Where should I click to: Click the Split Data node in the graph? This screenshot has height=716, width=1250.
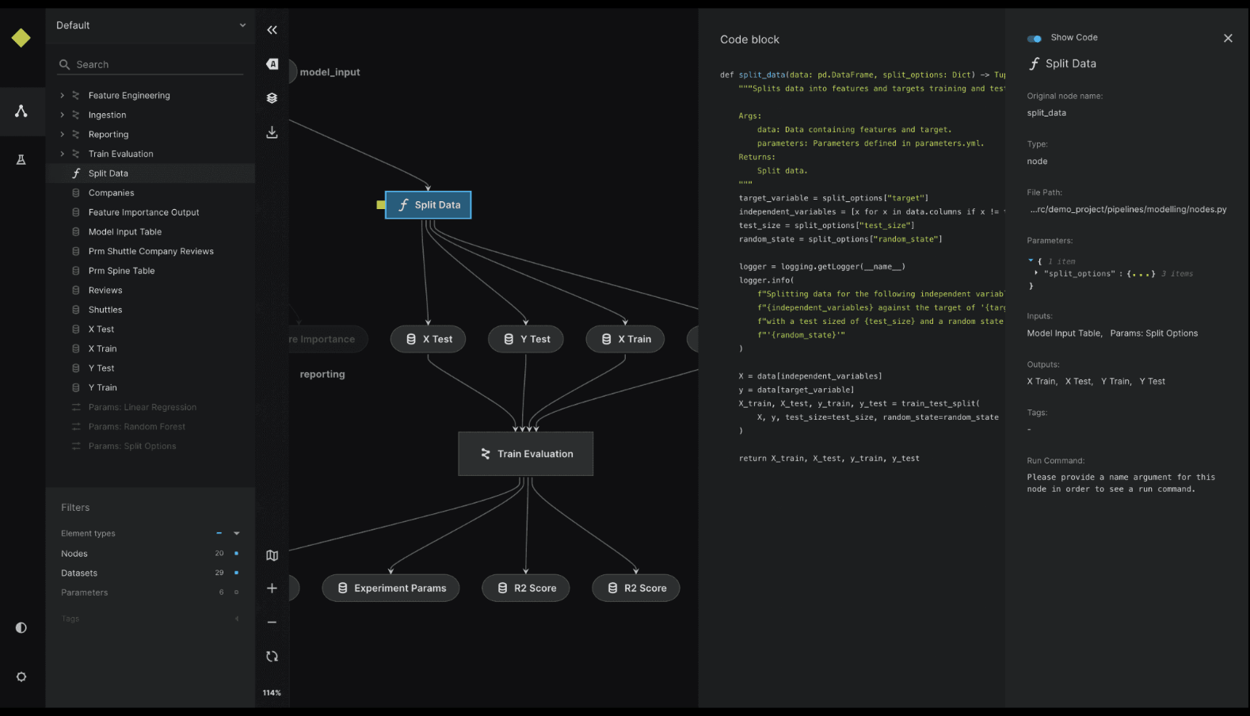pos(428,205)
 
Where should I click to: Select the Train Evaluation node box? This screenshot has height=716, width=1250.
pos(525,454)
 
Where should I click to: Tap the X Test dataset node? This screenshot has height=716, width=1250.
pos(429,339)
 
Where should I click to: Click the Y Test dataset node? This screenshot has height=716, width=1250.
pos(526,339)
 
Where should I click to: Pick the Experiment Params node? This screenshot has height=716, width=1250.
pos(391,588)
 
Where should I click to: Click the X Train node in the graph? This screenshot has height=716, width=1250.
pos(625,339)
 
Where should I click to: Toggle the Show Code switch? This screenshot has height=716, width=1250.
pos(1035,38)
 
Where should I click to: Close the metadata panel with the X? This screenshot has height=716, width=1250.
pos(1228,38)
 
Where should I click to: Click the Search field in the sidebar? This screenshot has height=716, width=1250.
pos(151,65)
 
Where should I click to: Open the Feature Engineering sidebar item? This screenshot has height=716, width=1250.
pos(129,96)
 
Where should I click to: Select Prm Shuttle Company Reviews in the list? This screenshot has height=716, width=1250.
pos(151,252)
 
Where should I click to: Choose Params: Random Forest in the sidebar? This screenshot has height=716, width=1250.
pos(136,427)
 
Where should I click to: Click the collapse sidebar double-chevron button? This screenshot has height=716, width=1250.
pos(272,30)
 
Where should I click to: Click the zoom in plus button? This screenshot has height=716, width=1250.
pos(272,588)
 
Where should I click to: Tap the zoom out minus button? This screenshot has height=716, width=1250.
pos(272,623)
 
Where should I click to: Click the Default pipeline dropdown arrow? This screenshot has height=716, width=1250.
pos(242,25)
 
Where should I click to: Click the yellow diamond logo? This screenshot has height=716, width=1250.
pos(21,38)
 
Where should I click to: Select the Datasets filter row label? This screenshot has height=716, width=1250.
pos(79,573)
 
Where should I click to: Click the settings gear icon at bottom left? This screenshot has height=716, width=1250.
pos(21,677)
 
